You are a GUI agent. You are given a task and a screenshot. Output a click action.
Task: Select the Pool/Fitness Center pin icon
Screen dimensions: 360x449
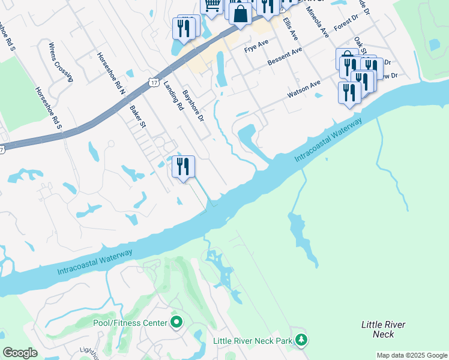176,323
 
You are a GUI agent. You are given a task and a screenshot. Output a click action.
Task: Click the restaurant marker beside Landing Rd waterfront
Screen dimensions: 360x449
184,166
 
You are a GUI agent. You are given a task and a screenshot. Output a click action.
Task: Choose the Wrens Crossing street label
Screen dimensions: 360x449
61,61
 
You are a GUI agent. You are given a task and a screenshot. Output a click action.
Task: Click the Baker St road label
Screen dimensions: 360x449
138,116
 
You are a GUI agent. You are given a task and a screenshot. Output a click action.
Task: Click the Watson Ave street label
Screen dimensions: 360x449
304,90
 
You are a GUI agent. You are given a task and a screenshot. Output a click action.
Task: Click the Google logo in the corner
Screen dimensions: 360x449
20,353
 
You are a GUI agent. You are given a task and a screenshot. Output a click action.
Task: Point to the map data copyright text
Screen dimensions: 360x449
412,355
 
